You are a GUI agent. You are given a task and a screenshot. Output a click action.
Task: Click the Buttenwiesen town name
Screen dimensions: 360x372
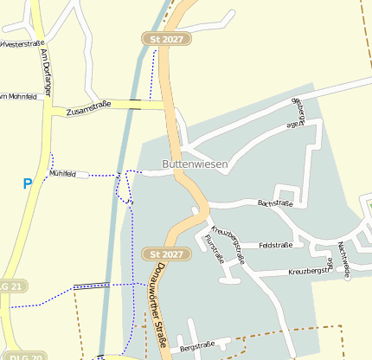coord(195,164)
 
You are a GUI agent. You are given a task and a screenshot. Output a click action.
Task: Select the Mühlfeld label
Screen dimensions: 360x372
coord(63,174)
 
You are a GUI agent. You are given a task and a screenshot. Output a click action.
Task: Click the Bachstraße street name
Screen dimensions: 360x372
coord(275,204)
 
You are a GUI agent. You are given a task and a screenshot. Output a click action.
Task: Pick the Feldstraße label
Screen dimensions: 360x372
coord(276,246)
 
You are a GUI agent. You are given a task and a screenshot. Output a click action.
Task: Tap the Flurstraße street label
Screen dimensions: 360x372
coord(215,248)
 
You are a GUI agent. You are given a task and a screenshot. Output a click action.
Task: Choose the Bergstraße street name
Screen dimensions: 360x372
coord(196,345)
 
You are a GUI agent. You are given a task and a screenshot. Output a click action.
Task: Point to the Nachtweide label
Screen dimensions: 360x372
coord(344,259)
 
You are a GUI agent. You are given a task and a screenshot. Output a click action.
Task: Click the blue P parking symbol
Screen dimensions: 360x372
coord(28,183)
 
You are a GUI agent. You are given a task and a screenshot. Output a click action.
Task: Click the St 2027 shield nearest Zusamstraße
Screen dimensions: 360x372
coord(166,39)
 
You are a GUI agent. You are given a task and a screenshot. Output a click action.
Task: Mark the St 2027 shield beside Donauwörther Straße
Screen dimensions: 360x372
coord(165,254)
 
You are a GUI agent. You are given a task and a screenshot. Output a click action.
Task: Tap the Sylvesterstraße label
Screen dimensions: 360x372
coord(22,43)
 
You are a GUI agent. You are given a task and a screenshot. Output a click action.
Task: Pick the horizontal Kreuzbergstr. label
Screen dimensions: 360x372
coord(310,271)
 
